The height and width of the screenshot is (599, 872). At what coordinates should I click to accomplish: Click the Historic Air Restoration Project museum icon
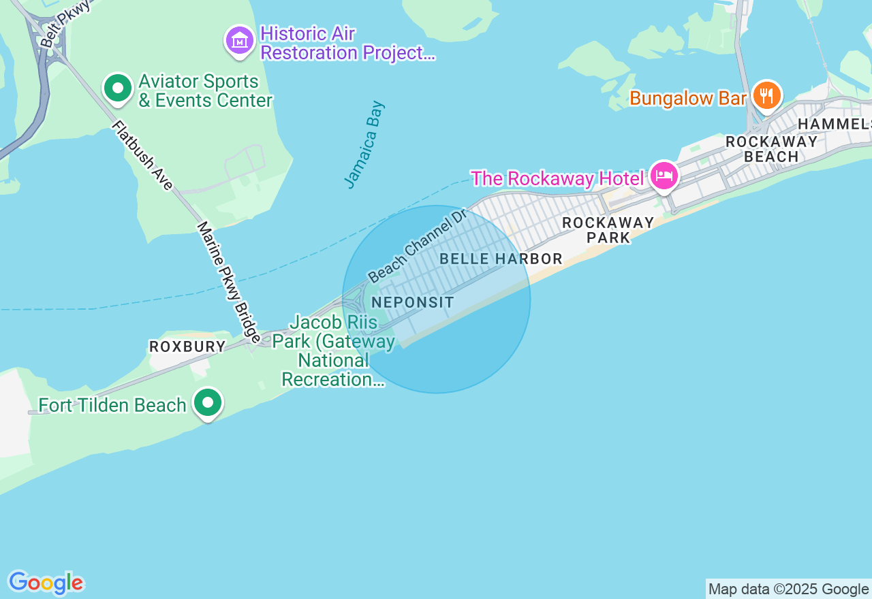pos(240,41)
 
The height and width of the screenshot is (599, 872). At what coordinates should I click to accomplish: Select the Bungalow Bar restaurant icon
pos(767,95)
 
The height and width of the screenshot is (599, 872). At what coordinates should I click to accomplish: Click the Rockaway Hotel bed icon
pos(664,176)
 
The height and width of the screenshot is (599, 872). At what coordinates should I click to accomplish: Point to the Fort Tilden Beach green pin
pos(208,403)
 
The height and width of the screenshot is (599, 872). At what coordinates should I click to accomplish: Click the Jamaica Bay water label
pos(364,144)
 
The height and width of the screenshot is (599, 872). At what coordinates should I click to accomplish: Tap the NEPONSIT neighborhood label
pos(413,302)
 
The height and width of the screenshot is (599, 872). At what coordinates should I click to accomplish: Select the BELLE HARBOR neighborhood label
pos(501,259)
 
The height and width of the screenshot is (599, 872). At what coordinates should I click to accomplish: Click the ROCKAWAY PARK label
pos(608,230)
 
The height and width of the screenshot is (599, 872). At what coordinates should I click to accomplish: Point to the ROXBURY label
pos(187,346)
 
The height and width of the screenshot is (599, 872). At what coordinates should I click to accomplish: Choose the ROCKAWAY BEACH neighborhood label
pos(771,149)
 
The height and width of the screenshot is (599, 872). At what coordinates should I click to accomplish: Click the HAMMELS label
pos(835,124)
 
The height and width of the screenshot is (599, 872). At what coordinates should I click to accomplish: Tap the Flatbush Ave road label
pos(143,155)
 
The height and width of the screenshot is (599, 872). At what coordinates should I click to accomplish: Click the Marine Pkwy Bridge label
pos(229,282)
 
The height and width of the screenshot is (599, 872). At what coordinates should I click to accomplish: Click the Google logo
pos(46,583)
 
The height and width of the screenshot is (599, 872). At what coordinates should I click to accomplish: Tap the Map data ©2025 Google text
pos(788,589)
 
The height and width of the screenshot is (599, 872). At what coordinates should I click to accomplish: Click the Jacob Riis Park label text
pos(334,351)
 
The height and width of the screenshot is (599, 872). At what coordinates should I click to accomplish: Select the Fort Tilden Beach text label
pos(112,406)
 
